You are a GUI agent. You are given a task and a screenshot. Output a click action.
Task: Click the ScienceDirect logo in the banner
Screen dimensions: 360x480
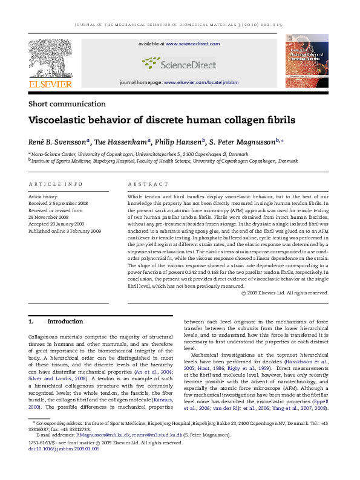pos(178,63)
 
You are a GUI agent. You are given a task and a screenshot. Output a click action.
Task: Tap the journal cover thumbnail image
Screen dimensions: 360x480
pos(307,61)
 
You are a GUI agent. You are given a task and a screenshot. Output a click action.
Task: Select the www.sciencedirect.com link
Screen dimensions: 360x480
pos(192,44)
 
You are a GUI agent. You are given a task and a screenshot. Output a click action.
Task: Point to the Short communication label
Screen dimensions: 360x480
pos(67,104)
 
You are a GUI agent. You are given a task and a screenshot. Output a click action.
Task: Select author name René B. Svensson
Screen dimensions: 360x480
pos(57,142)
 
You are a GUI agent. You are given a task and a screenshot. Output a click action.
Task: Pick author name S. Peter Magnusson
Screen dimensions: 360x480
pos(243,142)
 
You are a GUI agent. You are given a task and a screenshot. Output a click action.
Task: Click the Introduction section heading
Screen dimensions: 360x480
pos(65,321)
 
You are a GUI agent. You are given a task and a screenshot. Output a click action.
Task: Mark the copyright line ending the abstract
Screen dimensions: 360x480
pos(284,293)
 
